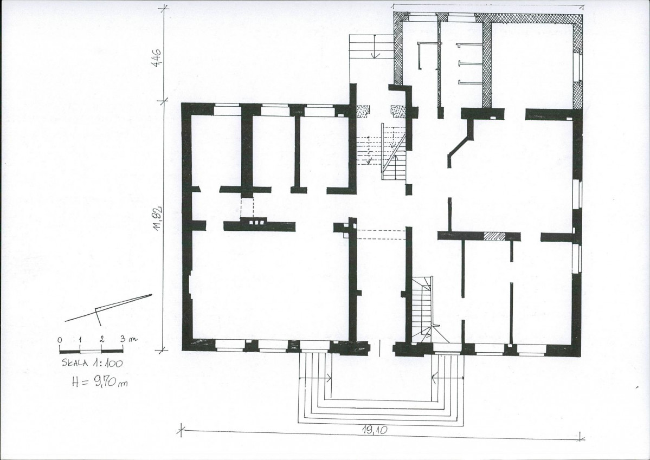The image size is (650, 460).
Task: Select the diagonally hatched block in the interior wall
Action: [494, 236]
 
